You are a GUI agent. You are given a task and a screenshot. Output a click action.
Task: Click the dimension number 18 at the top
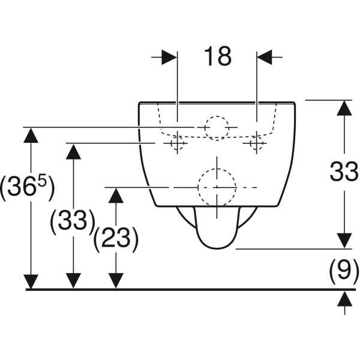(x=217, y=56)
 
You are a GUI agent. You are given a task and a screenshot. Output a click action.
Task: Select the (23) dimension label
(x=116, y=240)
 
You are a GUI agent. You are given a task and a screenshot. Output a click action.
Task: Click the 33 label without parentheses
(x=344, y=173)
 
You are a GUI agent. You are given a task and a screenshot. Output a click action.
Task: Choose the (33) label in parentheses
(x=73, y=221)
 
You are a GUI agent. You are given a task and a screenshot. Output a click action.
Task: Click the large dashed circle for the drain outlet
(x=215, y=188)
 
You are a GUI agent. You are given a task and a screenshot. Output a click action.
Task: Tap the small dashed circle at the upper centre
(x=216, y=128)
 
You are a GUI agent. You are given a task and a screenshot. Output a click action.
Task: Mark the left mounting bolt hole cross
(x=177, y=143)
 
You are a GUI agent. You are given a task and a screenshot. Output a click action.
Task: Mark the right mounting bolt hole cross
(x=257, y=143)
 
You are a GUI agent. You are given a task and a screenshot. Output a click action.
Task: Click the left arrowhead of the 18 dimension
(x=170, y=57)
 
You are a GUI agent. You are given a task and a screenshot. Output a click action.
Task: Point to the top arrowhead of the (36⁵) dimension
(x=30, y=136)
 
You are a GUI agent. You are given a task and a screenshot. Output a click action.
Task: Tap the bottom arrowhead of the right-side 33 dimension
(x=344, y=240)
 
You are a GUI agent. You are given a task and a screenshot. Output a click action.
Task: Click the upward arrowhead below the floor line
(x=344, y=298)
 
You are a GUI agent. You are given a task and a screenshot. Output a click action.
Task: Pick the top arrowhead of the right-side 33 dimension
(x=344, y=108)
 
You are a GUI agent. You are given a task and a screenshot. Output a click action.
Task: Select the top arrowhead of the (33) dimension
(x=73, y=151)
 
